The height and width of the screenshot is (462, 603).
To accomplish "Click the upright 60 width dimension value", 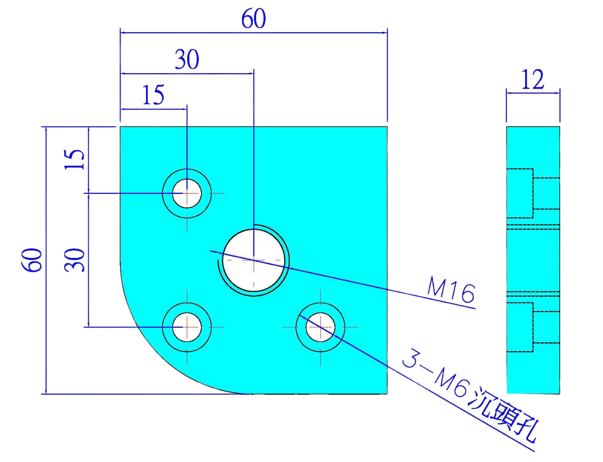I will (x=253, y=19).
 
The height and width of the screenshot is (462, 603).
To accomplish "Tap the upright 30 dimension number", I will (x=187, y=60).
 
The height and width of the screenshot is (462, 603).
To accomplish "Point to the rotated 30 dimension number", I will (x=75, y=260).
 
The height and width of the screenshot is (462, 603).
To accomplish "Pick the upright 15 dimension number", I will (x=154, y=95).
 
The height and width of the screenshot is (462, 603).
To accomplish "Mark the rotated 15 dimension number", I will (x=75, y=160).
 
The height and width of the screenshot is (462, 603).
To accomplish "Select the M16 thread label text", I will (x=451, y=290).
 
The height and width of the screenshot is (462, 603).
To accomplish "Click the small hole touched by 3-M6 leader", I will (x=320, y=327).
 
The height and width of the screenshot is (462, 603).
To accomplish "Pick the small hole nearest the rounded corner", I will (x=187, y=327).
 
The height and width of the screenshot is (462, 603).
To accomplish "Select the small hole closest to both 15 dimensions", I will (x=187, y=193).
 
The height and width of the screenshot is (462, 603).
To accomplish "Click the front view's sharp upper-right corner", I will (x=387, y=127).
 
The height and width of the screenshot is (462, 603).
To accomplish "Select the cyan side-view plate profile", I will (x=533, y=260).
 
